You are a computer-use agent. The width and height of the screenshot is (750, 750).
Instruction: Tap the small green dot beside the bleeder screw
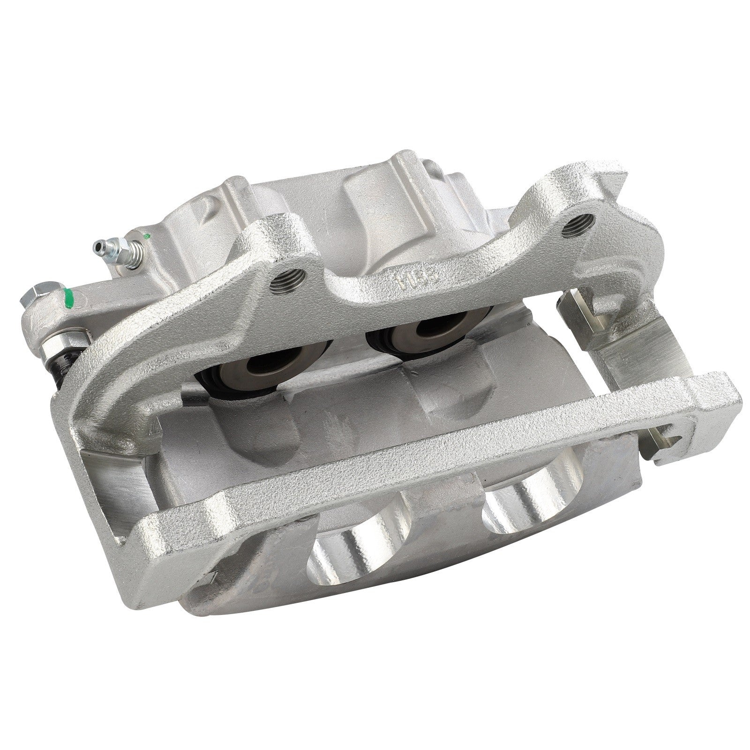(148, 235)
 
